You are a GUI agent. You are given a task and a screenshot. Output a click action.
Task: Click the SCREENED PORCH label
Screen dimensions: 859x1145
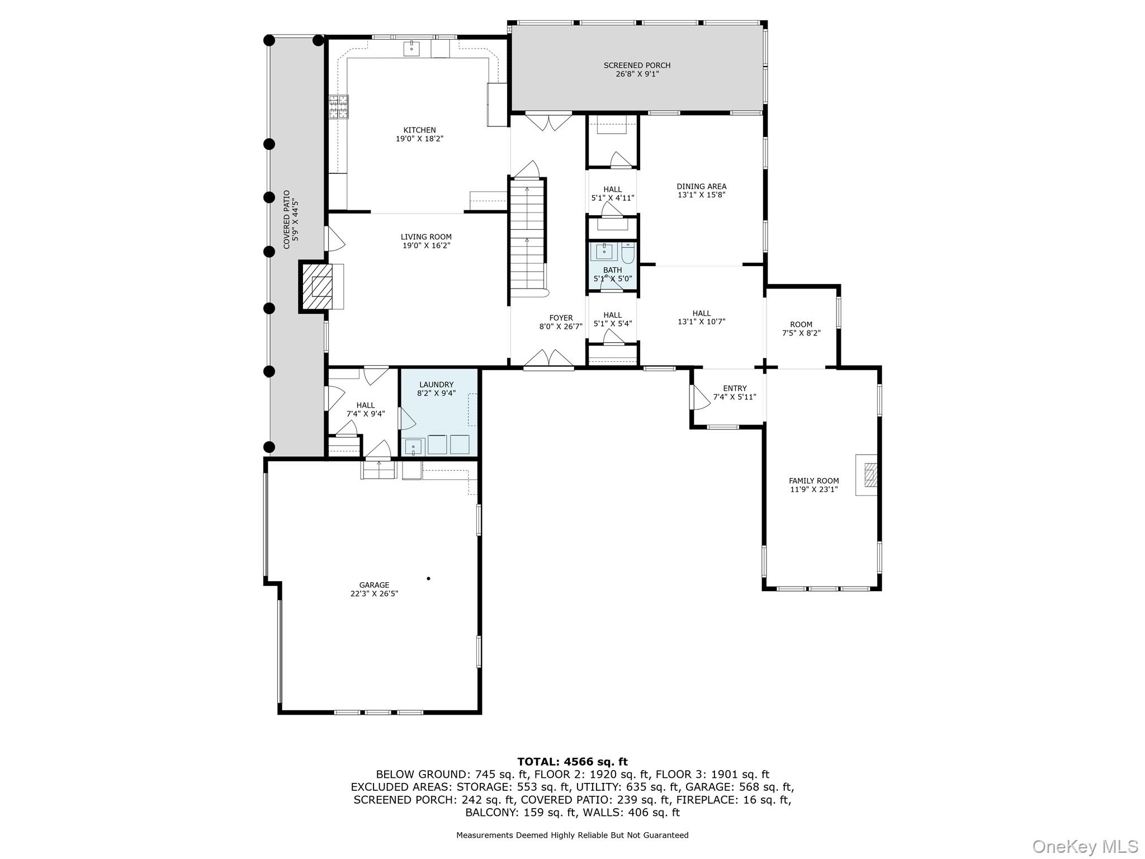(637, 65)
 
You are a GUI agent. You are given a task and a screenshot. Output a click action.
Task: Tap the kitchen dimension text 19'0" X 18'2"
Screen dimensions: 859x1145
(419, 139)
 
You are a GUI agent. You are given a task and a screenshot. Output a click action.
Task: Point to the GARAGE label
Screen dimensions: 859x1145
(374, 585)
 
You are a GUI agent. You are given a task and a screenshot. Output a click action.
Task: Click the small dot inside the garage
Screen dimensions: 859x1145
(429, 578)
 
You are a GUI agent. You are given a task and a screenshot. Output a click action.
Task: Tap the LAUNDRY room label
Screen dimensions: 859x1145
(436, 385)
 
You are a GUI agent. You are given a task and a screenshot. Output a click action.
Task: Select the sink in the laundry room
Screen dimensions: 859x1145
(414, 446)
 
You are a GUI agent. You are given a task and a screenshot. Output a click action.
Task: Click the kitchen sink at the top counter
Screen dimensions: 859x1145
(413, 49)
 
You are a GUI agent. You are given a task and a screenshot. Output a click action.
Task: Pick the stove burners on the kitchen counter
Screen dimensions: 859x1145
(338, 107)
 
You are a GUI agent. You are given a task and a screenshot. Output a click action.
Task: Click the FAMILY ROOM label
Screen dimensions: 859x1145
(813, 481)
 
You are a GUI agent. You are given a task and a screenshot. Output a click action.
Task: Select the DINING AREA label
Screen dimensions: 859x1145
(701, 187)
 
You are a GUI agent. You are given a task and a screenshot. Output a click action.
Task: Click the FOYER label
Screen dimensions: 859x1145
(561, 318)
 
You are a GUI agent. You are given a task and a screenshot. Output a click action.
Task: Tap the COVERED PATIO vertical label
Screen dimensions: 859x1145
(287, 220)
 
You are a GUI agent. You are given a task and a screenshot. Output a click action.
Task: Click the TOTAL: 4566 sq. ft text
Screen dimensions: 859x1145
(572, 762)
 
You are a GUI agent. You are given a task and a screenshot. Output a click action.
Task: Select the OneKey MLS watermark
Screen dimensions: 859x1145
(1085, 846)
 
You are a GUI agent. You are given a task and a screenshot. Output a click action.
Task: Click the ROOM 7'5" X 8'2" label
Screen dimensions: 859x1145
(801, 324)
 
